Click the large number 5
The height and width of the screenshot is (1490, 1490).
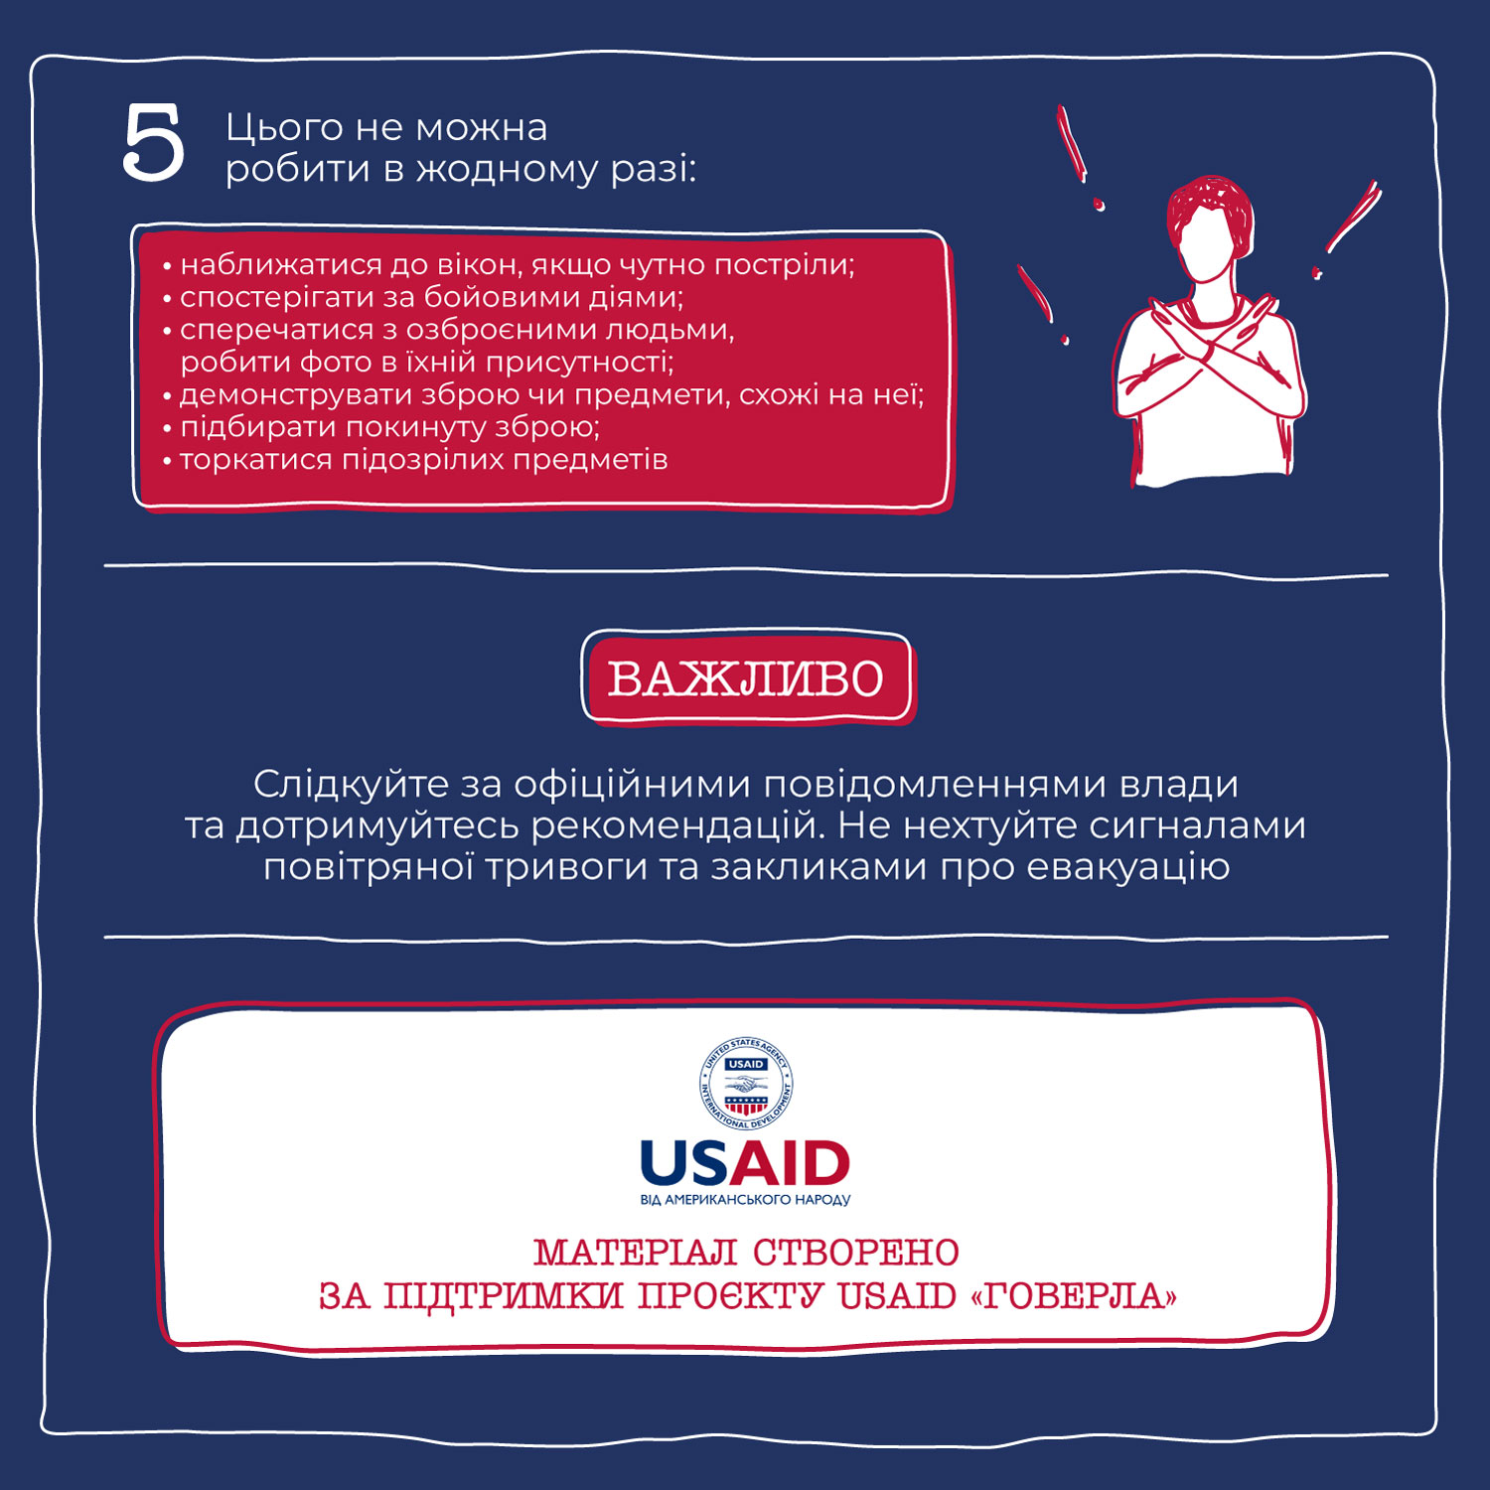pyautogui.click(x=154, y=143)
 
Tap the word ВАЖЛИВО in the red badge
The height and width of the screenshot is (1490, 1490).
pyautogui.click(x=746, y=679)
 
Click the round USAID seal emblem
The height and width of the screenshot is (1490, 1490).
pyautogui.click(x=746, y=1084)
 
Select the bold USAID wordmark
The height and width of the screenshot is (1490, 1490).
pyautogui.click(x=746, y=1163)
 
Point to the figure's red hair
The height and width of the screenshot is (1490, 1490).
pyautogui.click(x=1209, y=204)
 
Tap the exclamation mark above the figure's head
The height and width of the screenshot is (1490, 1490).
pyautogui.click(x=1078, y=157)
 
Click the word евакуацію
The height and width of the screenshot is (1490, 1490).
pyautogui.click(x=1128, y=867)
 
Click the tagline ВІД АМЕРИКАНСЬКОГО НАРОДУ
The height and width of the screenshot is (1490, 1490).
pyautogui.click(x=746, y=1199)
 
